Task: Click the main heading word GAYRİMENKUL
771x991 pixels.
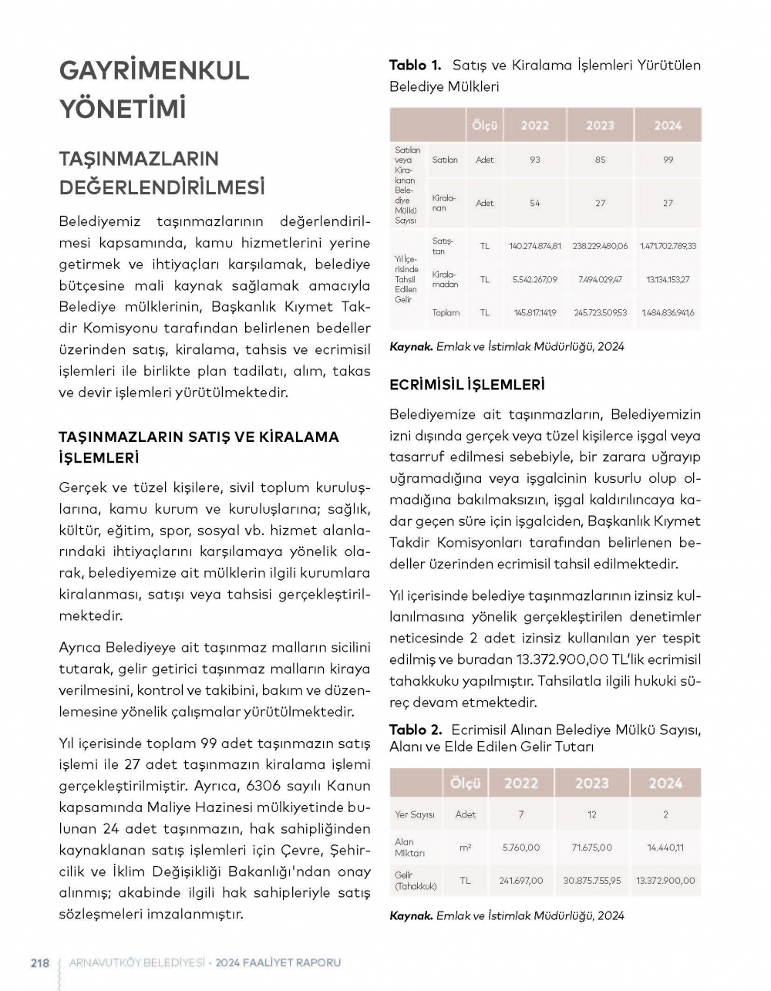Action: pos(154,70)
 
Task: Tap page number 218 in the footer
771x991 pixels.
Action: pos(39,962)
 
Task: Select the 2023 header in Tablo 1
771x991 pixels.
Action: pos(600,126)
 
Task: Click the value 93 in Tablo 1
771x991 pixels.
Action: pos(535,160)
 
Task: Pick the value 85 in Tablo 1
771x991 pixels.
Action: pos(600,160)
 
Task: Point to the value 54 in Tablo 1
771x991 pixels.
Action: pos(535,203)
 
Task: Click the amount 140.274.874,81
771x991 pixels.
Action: pos(535,246)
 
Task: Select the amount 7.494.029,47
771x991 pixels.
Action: pos(600,279)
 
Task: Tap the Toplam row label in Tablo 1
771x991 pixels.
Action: pos(446,312)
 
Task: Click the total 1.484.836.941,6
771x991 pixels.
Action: pos(667,312)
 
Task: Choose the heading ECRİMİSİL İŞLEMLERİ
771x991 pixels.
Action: pos(467,384)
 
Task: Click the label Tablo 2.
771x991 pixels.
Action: pos(416,730)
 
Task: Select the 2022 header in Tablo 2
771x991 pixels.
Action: pos(520,784)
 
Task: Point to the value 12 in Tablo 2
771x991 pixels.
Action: pos(591,814)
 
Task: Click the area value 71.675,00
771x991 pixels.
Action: pos(591,847)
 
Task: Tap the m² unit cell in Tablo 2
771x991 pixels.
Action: pos(465,847)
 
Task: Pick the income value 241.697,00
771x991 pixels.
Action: pos(520,880)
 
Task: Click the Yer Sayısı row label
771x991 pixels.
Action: pos(415,814)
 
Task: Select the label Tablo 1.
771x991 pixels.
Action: pos(416,66)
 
